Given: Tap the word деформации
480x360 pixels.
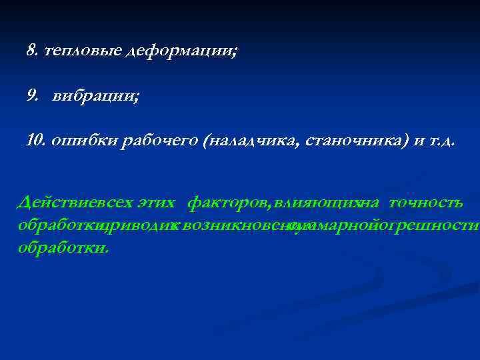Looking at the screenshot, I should click(x=180, y=51).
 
